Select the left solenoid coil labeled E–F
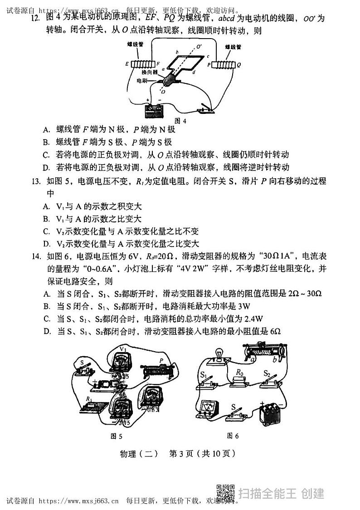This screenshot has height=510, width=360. (x=142, y=64)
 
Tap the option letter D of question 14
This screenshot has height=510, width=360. (x=46, y=332)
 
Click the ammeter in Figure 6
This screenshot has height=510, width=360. (x=208, y=408)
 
